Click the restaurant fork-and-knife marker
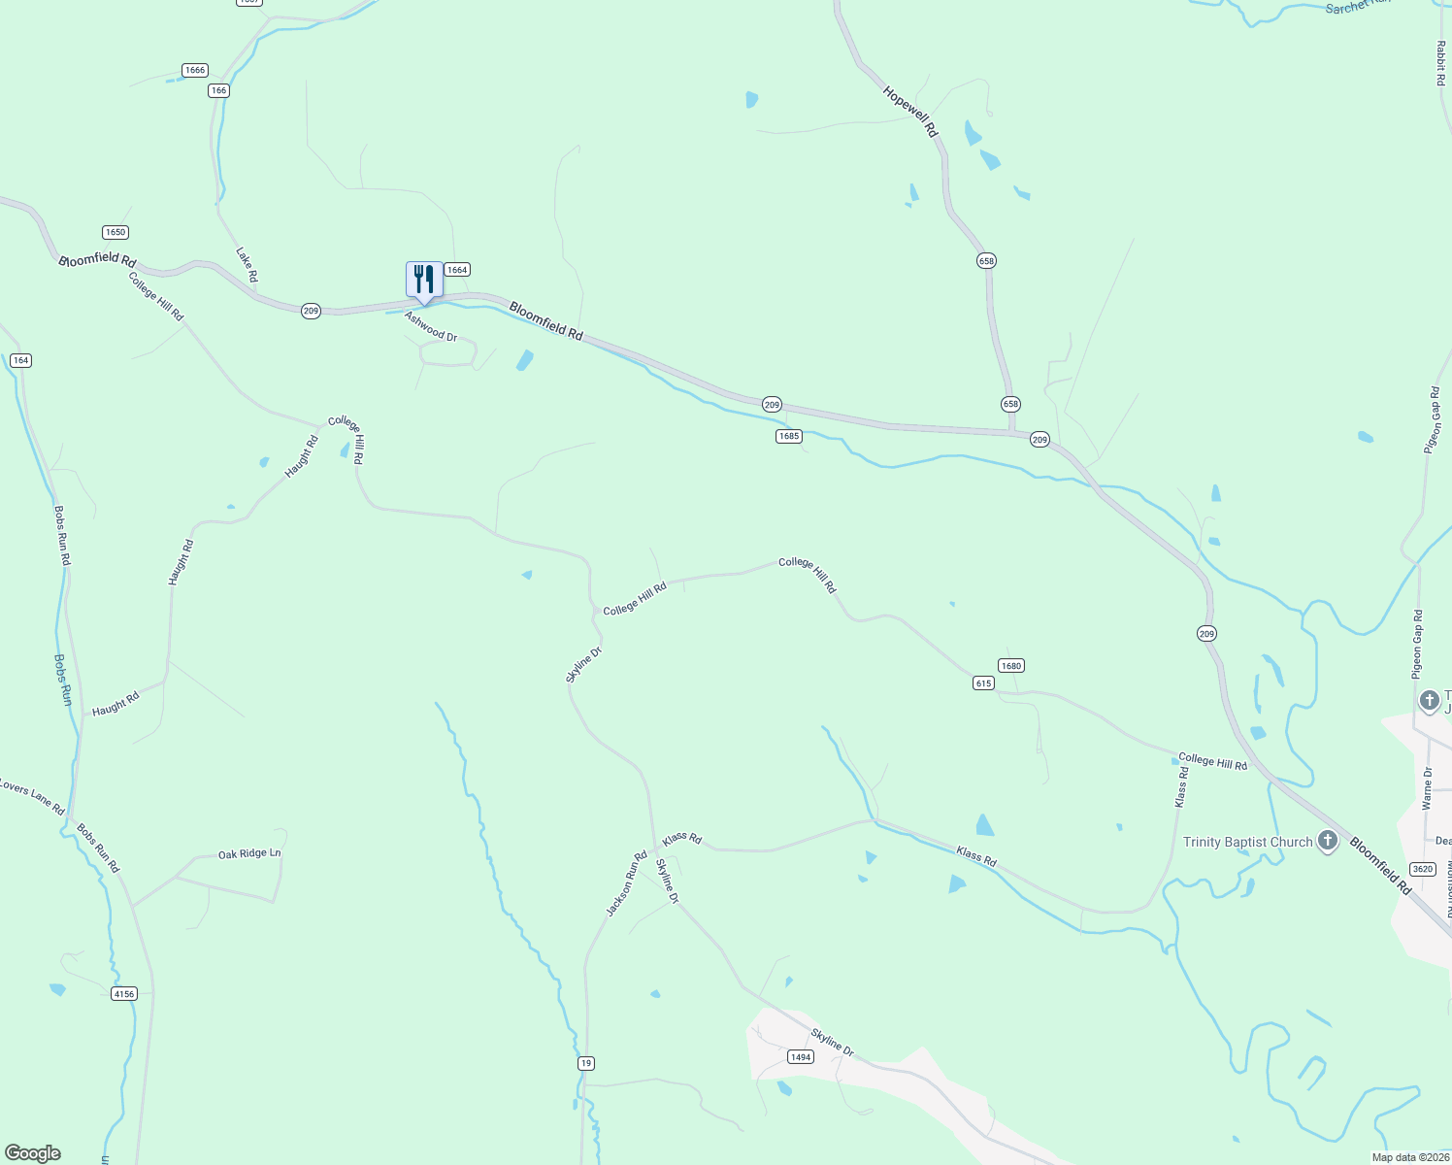click(424, 280)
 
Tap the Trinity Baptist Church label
click(1247, 842)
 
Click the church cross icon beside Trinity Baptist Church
click(1328, 841)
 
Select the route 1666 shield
click(195, 70)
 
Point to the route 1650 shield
click(115, 232)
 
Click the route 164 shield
click(20, 360)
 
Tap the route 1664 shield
click(457, 270)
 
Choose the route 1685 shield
click(789, 437)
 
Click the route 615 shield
click(983, 683)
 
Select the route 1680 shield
click(1011, 666)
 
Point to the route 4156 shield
click(124, 994)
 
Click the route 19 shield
click(585, 1063)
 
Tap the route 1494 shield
click(800, 1057)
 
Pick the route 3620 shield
click(1423, 869)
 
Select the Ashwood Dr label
click(431, 326)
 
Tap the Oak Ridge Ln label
click(249, 854)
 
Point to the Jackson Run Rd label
click(626, 883)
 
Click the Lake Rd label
click(247, 264)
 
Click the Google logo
click(33, 1153)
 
